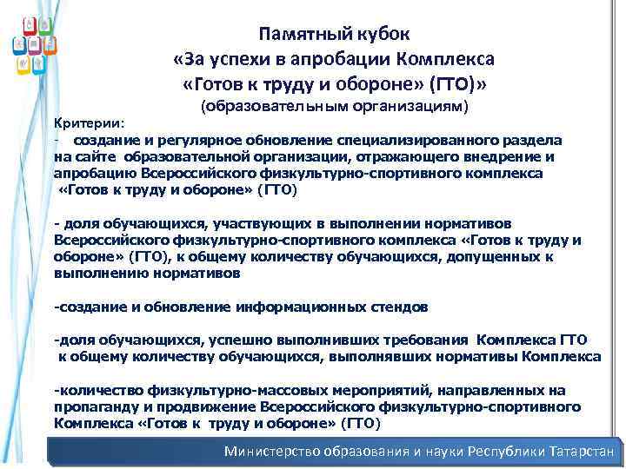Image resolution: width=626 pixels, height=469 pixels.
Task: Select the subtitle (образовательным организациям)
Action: tap(335, 107)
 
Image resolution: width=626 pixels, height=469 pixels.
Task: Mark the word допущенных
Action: tap(505, 256)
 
